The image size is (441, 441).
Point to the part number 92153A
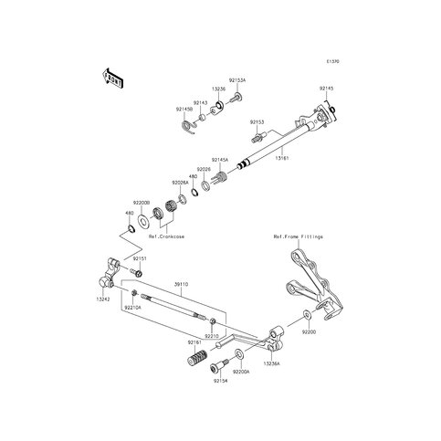click(x=236, y=80)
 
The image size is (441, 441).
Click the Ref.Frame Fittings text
click(x=297, y=236)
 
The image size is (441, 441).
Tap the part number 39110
click(x=182, y=284)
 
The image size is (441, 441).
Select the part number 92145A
click(x=221, y=159)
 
